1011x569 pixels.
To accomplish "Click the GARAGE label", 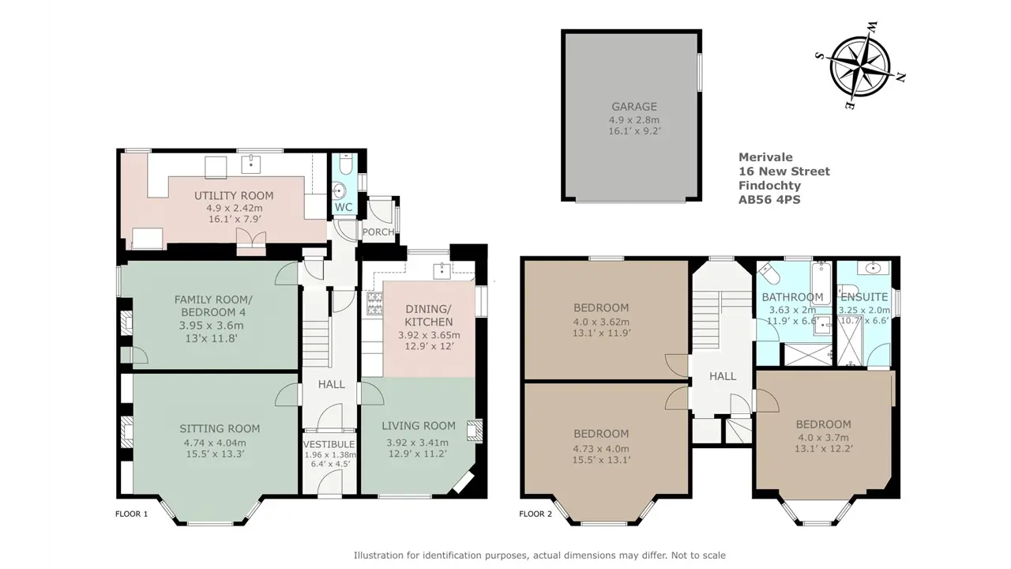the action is click(x=634, y=107).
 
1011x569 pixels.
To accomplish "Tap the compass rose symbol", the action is click(x=860, y=66).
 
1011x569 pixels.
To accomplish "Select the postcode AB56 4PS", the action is click(x=769, y=200).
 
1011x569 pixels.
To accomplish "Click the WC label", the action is click(x=344, y=207).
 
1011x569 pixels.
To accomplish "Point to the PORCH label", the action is click(x=378, y=232).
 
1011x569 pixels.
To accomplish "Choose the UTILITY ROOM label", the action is click(x=234, y=195).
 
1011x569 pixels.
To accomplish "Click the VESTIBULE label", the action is click(x=329, y=444).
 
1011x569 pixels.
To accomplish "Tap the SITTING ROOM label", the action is click(x=220, y=428).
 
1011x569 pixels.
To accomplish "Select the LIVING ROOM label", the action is click(x=419, y=426).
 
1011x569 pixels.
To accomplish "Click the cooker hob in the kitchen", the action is click(x=374, y=303).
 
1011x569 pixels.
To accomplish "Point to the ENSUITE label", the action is click(x=864, y=297).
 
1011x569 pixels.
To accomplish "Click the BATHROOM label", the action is click(x=792, y=297).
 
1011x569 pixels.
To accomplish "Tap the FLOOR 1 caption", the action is click(x=131, y=514).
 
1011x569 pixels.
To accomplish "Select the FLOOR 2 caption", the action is click(x=536, y=514).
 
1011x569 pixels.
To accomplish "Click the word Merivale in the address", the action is click(x=765, y=157).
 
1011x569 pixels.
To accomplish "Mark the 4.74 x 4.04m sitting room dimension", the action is click(x=215, y=443).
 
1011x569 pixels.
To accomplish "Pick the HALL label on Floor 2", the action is click(x=723, y=376).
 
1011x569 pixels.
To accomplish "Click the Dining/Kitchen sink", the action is click(x=442, y=270).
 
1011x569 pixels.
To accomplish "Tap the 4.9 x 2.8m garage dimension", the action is click(x=634, y=120).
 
